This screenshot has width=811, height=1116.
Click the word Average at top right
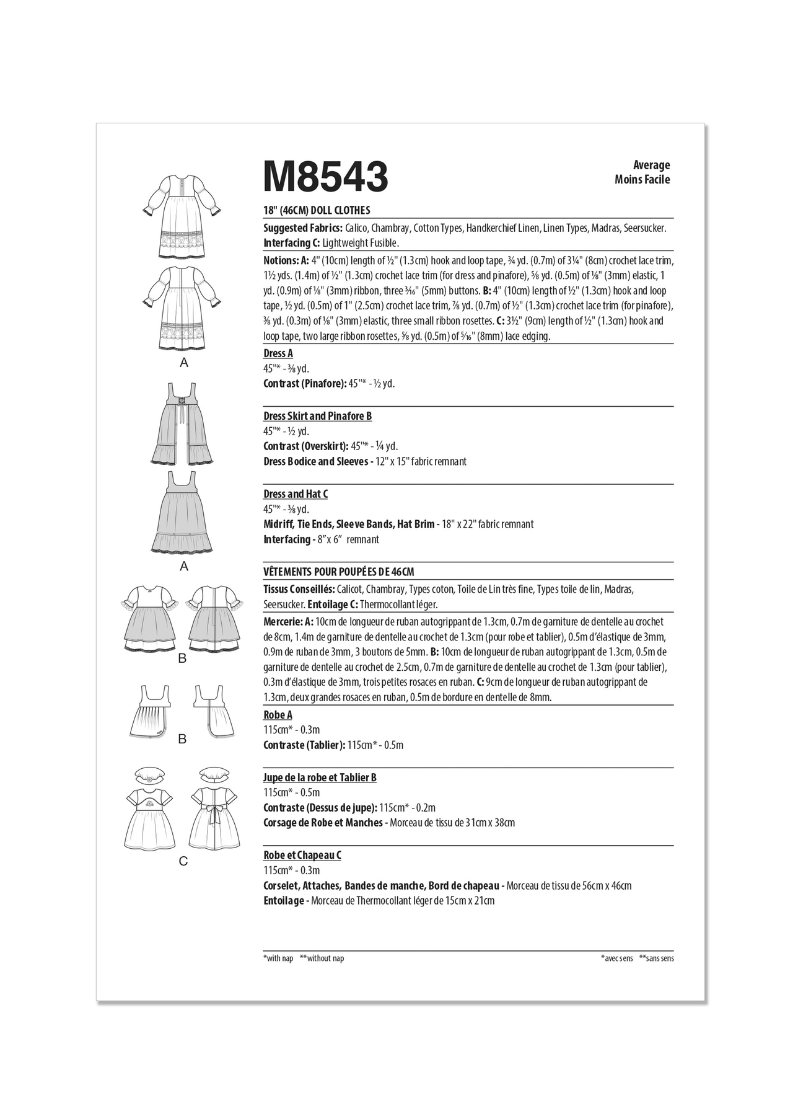651,165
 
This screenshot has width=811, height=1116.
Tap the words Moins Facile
642,180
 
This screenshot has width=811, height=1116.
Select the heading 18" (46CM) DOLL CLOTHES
317,211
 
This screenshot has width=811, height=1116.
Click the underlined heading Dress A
278,353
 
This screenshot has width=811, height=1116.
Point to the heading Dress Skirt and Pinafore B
317,416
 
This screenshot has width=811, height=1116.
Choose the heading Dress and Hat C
296,494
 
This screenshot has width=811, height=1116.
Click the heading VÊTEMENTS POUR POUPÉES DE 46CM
338,572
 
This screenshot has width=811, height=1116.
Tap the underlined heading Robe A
278,715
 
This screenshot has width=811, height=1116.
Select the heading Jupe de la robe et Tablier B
320,777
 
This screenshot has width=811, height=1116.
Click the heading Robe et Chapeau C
302,856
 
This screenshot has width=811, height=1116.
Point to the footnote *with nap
278,959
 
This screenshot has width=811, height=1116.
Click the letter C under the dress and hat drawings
183,861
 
